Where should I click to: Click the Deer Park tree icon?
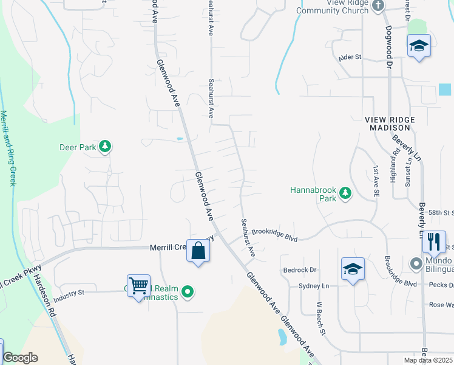click(x=106, y=146)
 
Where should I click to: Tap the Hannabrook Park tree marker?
click(x=345, y=193)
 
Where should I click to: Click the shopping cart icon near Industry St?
click(x=138, y=285)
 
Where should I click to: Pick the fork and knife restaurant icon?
click(x=434, y=242)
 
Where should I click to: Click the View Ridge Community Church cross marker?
click(x=378, y=7)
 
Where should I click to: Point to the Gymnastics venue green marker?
click(x=188, y=293)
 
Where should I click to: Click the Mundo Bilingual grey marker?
click(x=416, y=264)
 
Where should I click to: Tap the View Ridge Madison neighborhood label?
click(x=388, y=123)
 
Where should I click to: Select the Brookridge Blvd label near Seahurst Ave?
click(x=274, y=235)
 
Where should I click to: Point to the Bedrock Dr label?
click(x=300, y=269)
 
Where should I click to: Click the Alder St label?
click(x=350, y=57)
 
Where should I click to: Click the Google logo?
click(x=20, y=358)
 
